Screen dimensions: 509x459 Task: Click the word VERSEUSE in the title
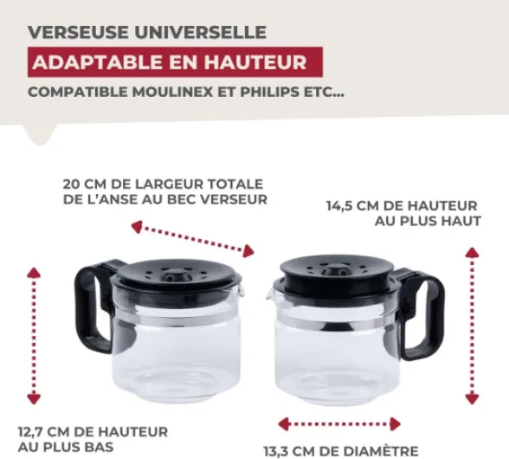78,32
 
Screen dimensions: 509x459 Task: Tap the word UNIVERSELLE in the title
201,32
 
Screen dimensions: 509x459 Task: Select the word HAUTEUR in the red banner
255,62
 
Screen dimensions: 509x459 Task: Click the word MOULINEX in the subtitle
173,93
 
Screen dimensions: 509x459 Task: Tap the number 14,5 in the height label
340,206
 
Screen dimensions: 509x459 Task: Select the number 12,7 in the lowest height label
31,432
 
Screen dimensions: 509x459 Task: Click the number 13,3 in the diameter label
277,451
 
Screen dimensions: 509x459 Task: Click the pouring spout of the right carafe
270,294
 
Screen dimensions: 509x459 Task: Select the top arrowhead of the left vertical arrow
34,273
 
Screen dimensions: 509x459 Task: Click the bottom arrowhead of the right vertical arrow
472,398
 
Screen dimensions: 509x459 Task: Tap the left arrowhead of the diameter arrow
284,424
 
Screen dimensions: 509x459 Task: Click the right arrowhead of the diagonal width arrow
248,251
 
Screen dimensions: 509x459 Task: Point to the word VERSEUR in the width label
234,199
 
